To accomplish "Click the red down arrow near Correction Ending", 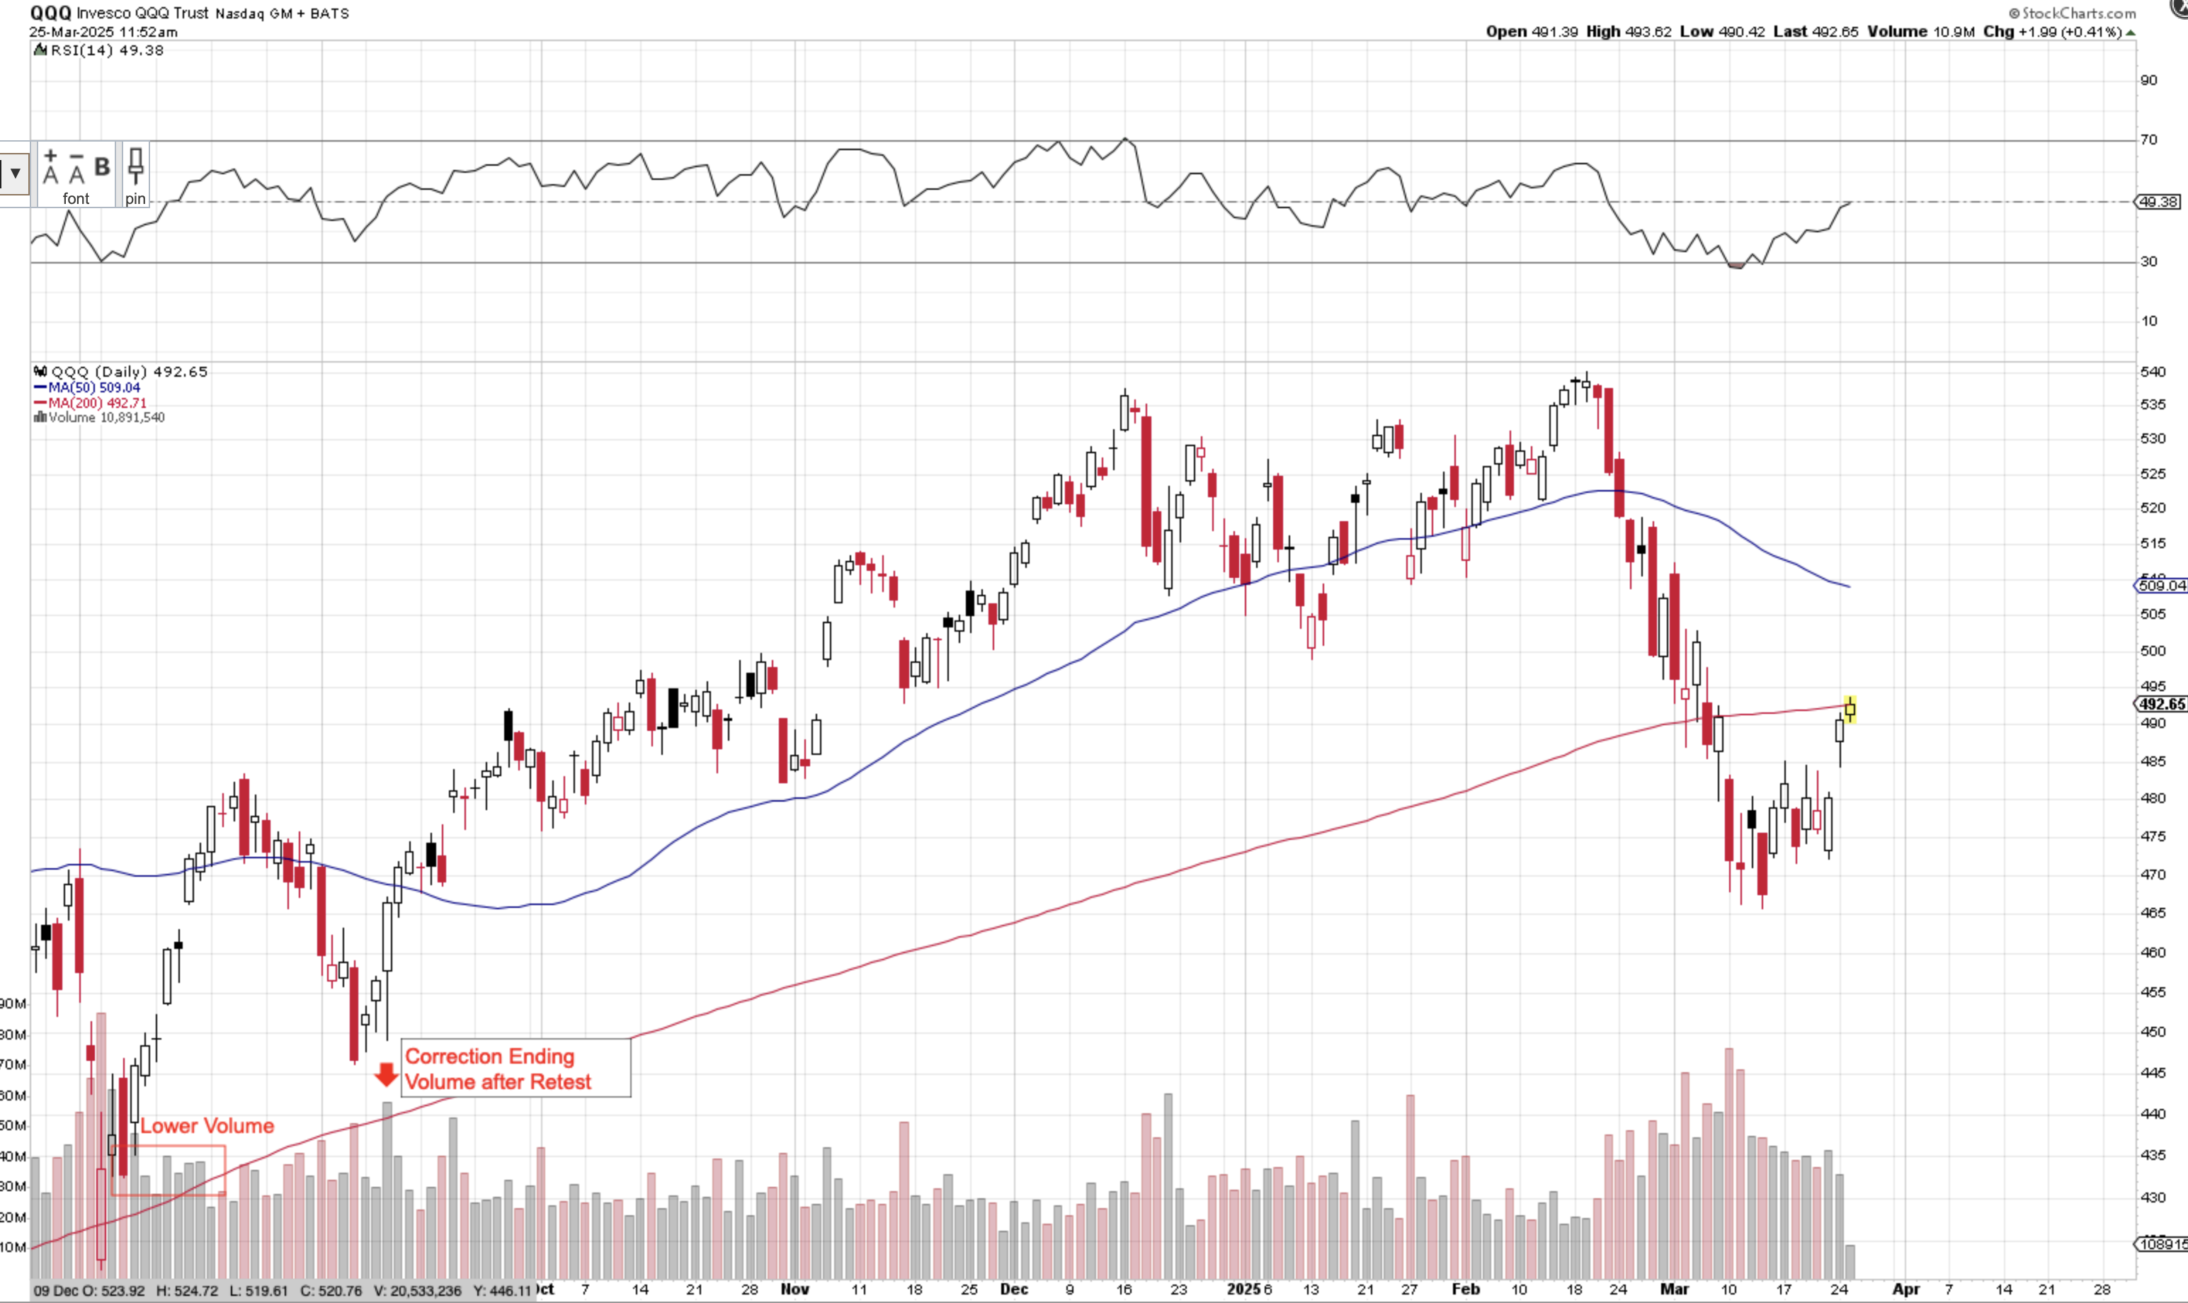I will point(385,1074).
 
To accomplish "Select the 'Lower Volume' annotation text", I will point(207,1126).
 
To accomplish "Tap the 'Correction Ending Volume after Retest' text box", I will point(515,1069).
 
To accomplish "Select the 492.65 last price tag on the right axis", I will point(2161,704).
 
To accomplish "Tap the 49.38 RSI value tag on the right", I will point(2158,202).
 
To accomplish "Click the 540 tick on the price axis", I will point(2152,371).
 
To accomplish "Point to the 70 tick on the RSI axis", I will point(2148,140).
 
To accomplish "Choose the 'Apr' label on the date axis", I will point(1905,1289).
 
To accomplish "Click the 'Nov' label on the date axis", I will point(794,1289).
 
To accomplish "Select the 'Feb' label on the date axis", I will point(1466,1289).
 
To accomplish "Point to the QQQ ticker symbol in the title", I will point(50,12).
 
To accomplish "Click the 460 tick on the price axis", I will point(2152,952).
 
